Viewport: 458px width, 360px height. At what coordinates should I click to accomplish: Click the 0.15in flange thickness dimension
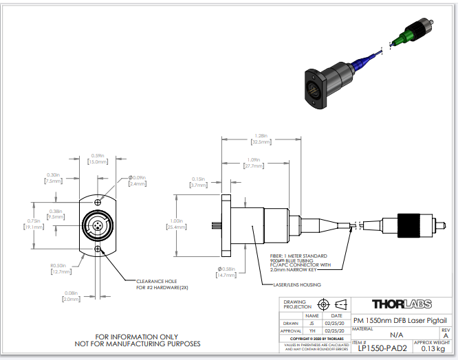pos(199,182)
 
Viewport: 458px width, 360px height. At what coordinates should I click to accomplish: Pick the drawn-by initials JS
pos(312,322)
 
